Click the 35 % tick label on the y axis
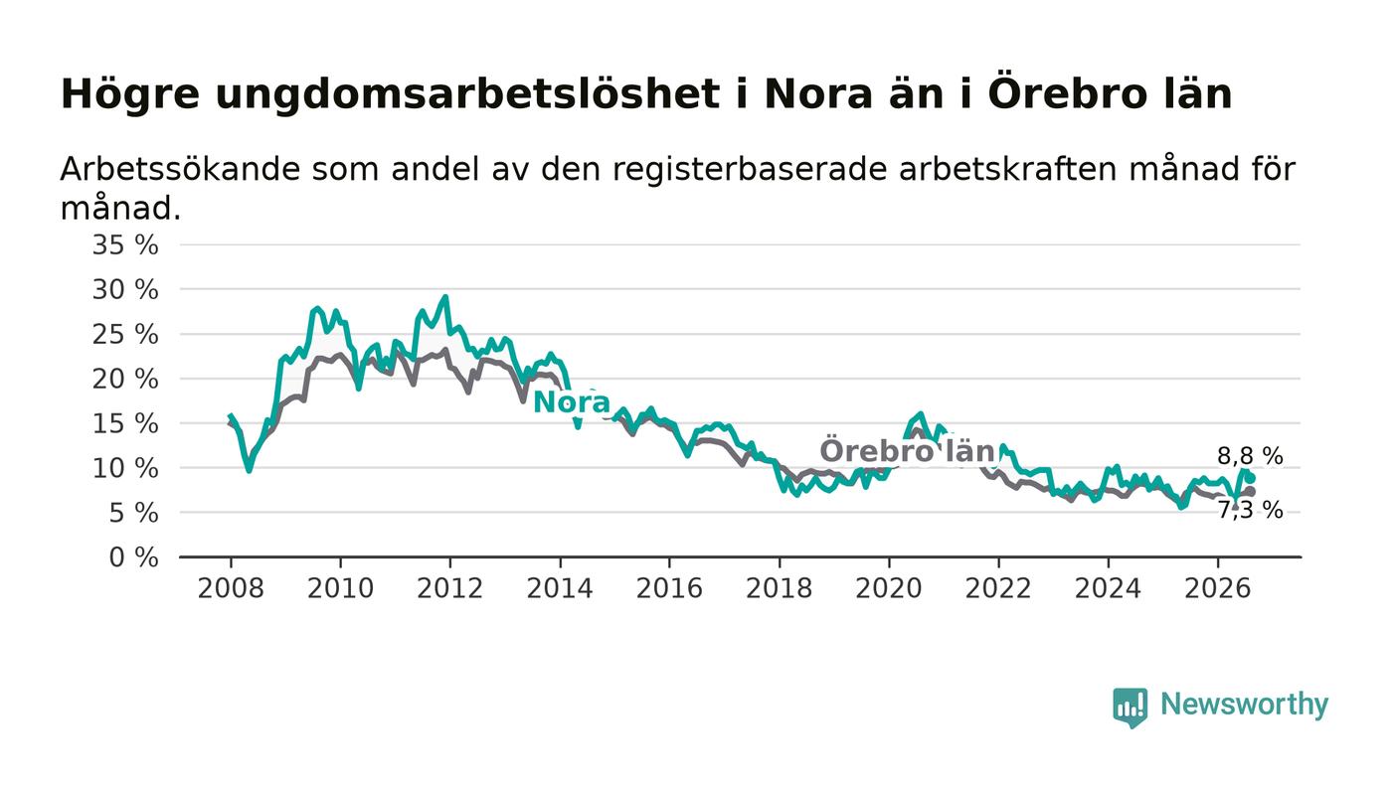pyautogui.click(x=125, y=244)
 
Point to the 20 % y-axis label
pyautogui.click(x=125, y=379)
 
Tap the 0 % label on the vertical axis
pyautogui.click(x=133, y=557)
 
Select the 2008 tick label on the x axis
pyautogui.click(x=231, y=588)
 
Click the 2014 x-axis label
pyautogui.click(x=559, y=588)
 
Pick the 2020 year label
pyautogui.click(x=889, y=588)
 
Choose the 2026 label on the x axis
pyautogui.click(x=1217, y=588)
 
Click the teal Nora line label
pyautogui.click(x=572, y=402)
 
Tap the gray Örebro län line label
pyautogui.click(x=908, y=450)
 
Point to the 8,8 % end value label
pyautogui.click(x=1250, y=457)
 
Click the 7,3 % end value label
pyautogui.click(x=1250, y=510)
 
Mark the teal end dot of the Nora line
pyautogui.click(x=1251, y=478)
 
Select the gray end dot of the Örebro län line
pyautogui.click(x=1251, y=492)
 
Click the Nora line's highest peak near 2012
pyautogui.click(x=445, y=296)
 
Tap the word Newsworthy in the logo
pyautogui.click(x=1244, y=705)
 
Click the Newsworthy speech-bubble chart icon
pyautogui.click(x=1130, y=708)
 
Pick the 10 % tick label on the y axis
pyautogui.click(x=125, y=468)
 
